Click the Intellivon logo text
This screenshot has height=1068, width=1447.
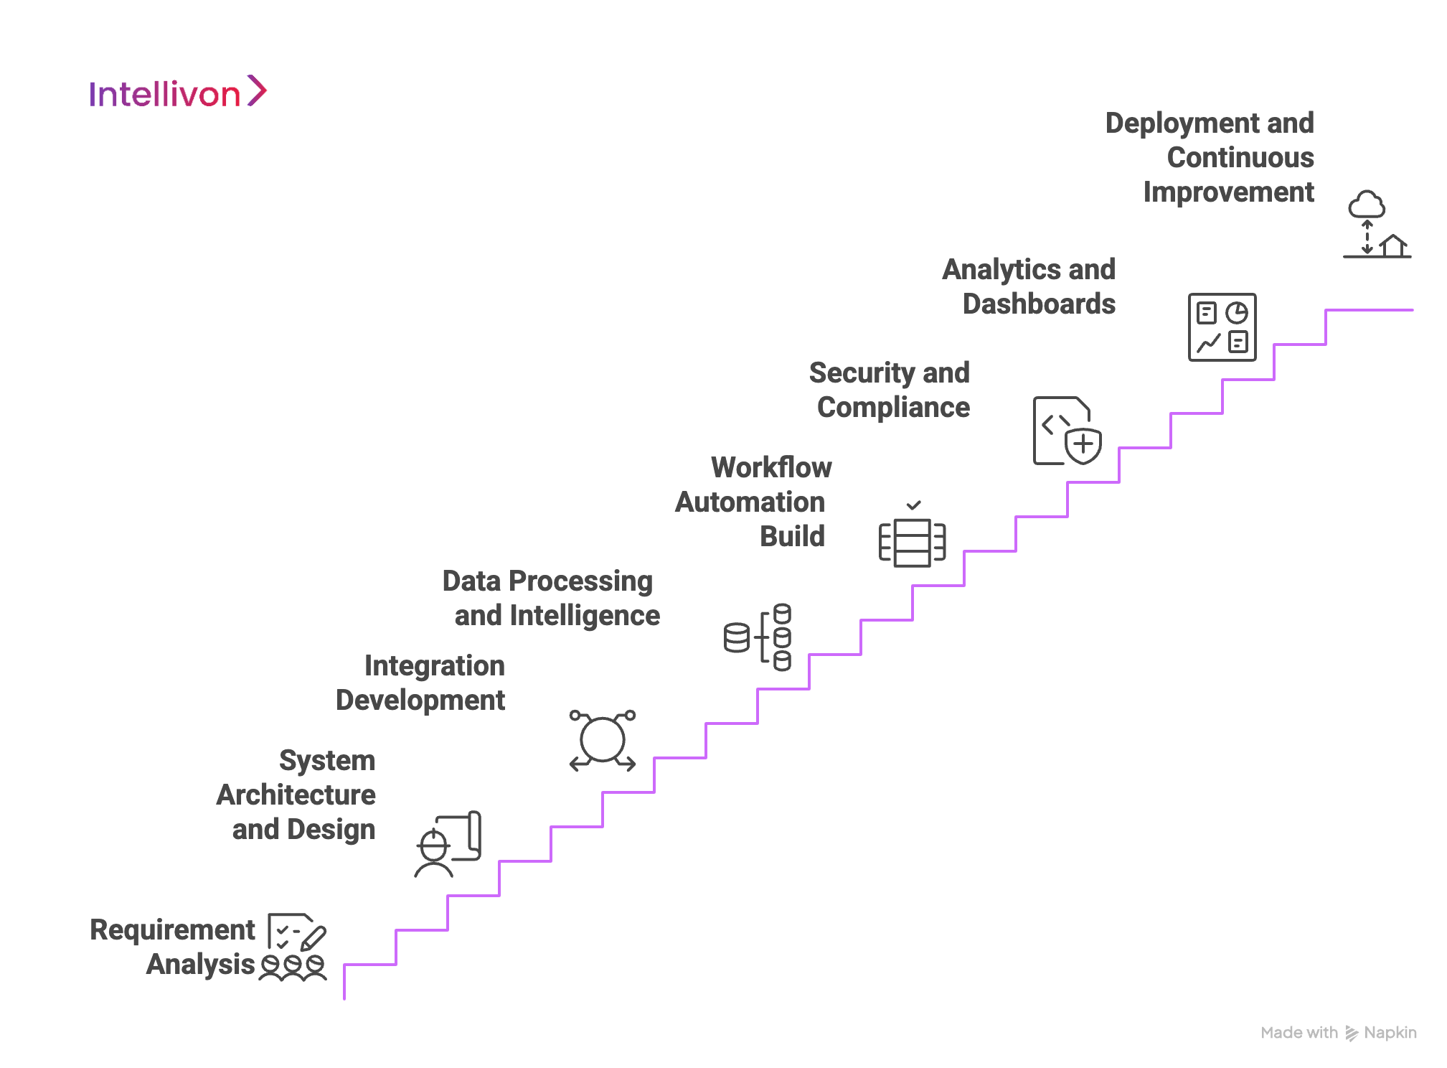click(164, 95)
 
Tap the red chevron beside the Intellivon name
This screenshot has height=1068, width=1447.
click(257, 91)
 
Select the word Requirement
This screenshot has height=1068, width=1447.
click(172, 929)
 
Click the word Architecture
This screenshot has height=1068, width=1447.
click(296, 795)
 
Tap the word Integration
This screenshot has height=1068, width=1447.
click(434, 665)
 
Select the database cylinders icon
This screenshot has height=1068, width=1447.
click(758, 637)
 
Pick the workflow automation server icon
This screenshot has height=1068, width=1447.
click(913, 543)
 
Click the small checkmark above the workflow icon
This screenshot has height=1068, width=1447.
click(913, 505)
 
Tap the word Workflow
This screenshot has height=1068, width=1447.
click(771, 467)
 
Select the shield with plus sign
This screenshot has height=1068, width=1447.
click(1083, 445)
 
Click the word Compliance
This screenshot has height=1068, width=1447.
click(893, 407)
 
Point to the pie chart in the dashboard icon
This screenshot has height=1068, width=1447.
click(1237, 313)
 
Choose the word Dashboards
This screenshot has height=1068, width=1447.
click(1039, 304)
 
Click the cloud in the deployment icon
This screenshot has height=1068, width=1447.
click(1367, 205)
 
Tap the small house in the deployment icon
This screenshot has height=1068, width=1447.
click(1394, 245)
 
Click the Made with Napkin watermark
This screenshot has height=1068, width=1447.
click(1338, 1033)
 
